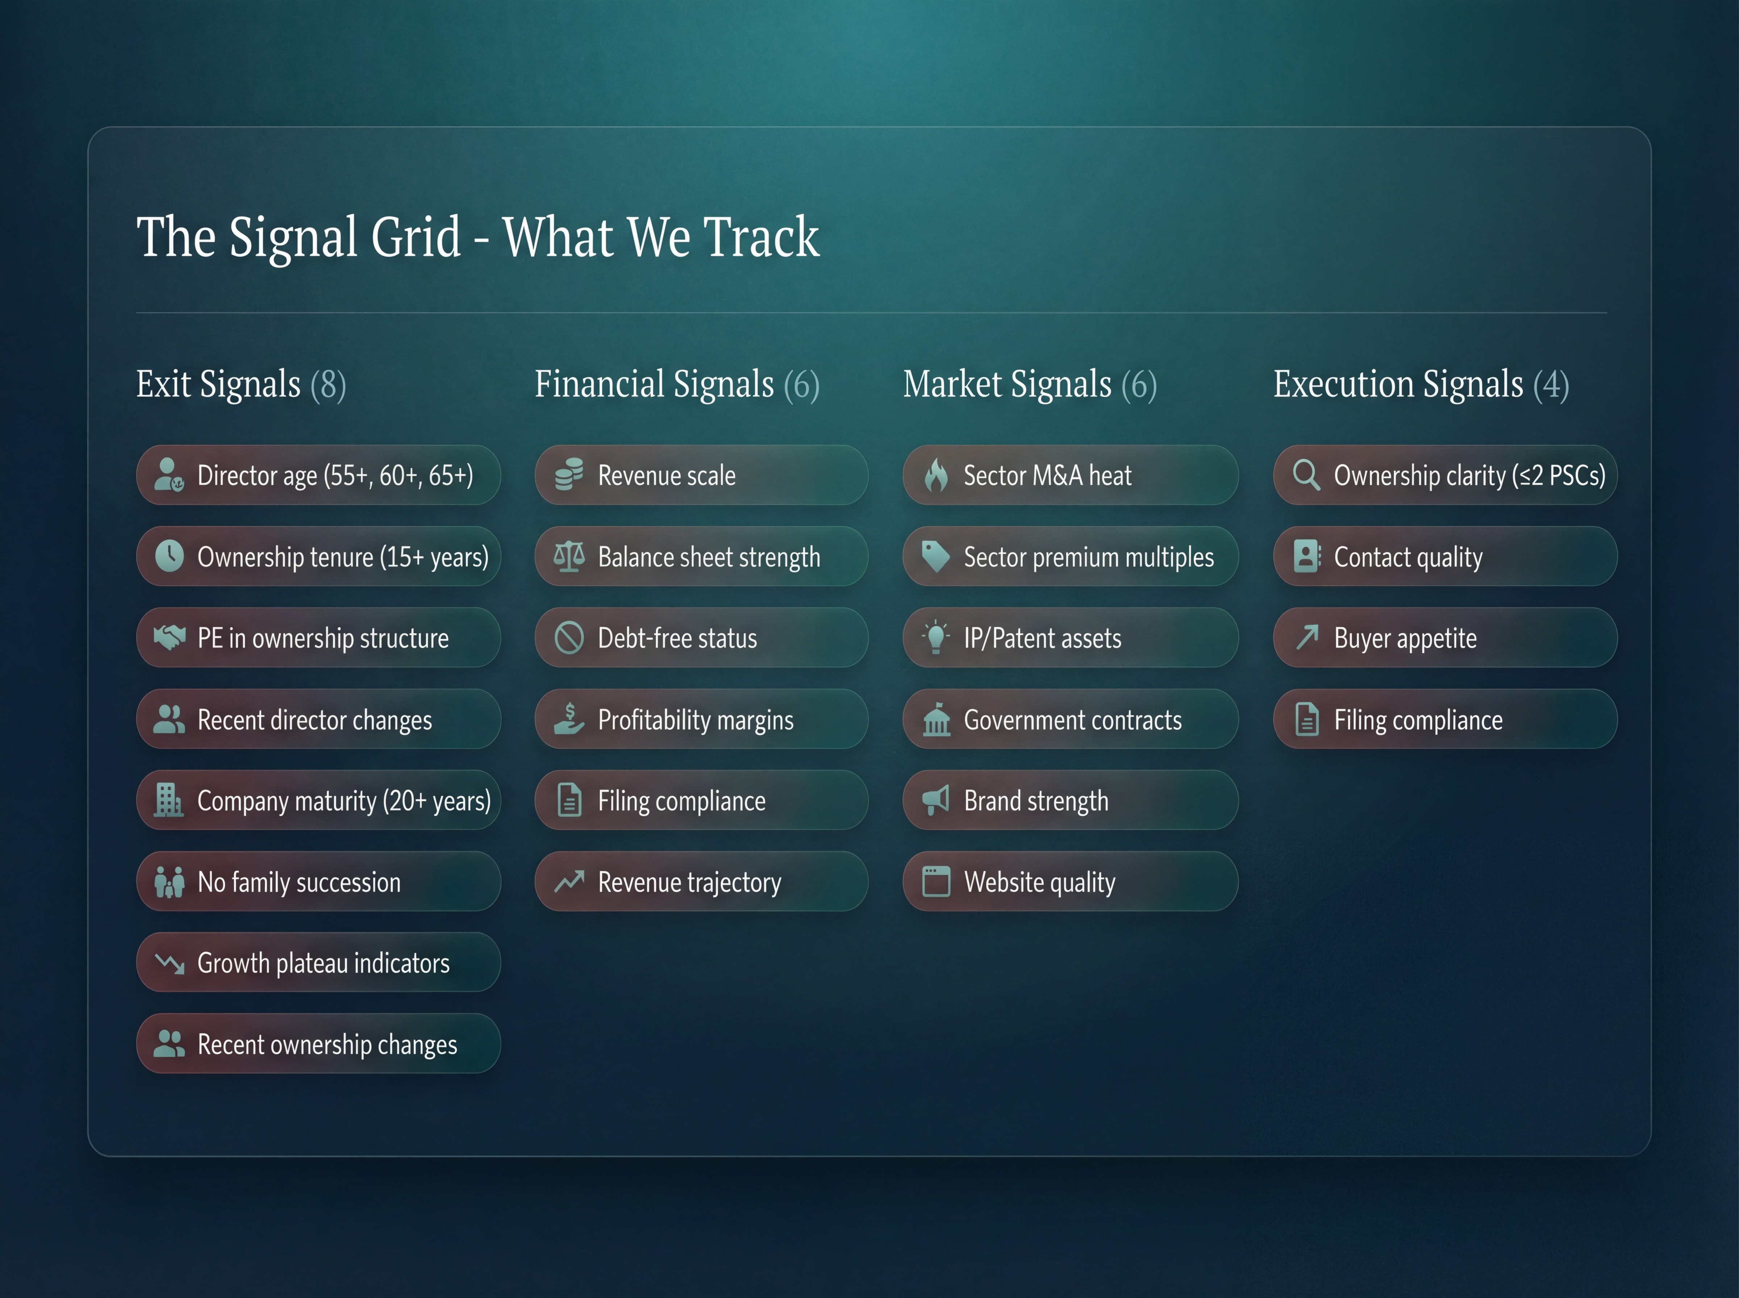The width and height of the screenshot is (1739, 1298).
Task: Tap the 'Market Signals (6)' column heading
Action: point(1029,384)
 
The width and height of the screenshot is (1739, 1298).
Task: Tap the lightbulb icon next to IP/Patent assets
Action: point(936,637)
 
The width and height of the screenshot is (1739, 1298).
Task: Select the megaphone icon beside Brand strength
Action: point(936,800)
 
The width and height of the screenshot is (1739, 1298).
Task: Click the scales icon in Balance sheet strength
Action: point(569,556)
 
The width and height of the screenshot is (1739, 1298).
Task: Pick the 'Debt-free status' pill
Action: point(701,637)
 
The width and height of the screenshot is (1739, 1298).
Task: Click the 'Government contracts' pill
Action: point(1070,719)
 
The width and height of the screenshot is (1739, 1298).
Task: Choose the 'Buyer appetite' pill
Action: point(1444,637)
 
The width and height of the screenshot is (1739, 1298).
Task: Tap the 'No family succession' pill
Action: point(318,882)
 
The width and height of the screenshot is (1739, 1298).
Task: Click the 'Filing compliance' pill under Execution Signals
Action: point(1444,719)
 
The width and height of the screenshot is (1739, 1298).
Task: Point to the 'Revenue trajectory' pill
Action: point(701,882)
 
